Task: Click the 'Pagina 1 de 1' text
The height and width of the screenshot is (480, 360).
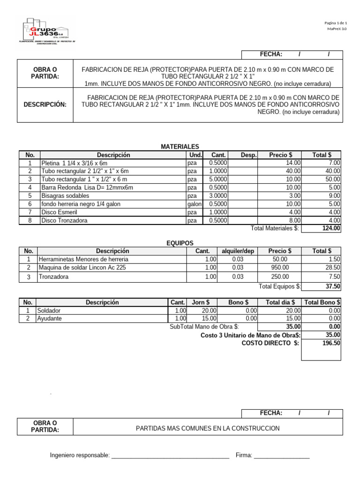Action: click(x=335, y=23)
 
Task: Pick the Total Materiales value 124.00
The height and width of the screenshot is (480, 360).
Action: click(x=331, y=228)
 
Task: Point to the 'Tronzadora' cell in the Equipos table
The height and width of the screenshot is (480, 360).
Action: click(x=53, y=277)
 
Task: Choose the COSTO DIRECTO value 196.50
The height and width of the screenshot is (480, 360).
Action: click(x=331, y=343)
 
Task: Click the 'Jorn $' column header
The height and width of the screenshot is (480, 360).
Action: click(x=201, y=302)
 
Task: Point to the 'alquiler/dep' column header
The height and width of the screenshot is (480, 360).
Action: click(x=238, y=251)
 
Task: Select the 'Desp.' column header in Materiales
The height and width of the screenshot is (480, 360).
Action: click(x=248, y=155)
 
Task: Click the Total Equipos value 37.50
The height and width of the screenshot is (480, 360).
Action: click(x=333, y=286)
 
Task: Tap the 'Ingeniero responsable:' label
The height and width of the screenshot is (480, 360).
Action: click(x=80, y=455)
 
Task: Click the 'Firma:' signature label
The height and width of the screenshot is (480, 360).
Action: click(x=244, y=455)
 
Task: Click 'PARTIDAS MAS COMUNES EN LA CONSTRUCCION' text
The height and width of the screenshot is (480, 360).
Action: click(x=208, y=428)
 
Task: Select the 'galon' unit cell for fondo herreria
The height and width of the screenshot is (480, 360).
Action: click(x=195, y=204)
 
